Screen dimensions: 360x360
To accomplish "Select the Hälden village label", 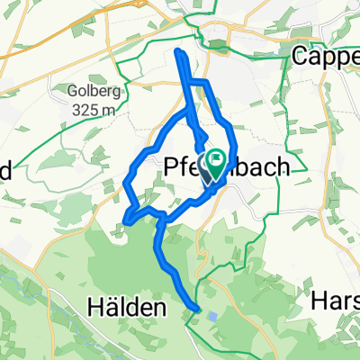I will [127, 308].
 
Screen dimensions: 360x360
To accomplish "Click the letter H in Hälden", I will [95, 308].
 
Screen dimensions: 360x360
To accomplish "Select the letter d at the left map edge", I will [4, 168].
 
